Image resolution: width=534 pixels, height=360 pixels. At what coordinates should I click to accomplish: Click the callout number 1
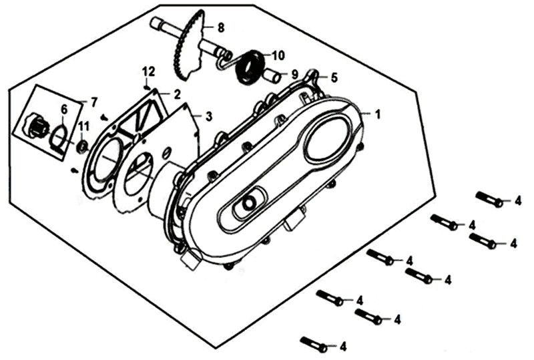[378, 114]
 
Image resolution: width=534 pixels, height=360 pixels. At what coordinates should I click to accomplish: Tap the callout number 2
[178, 94]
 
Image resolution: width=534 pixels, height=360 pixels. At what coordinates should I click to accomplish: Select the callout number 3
[209, 116]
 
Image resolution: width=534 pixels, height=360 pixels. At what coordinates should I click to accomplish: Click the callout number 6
[64, 110]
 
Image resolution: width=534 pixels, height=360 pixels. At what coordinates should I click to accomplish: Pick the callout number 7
[94, 102]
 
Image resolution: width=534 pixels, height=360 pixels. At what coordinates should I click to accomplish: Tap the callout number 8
[221, 27]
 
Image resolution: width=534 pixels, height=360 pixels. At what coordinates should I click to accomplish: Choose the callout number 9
[293, 75]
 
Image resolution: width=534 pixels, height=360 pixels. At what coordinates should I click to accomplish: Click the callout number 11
[83, 127]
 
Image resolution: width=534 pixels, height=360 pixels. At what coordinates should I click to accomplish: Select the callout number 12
[148, 71]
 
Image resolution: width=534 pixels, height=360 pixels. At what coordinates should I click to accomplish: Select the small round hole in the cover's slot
[250, 202]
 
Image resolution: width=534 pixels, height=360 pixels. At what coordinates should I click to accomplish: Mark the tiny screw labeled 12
[146, 85]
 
